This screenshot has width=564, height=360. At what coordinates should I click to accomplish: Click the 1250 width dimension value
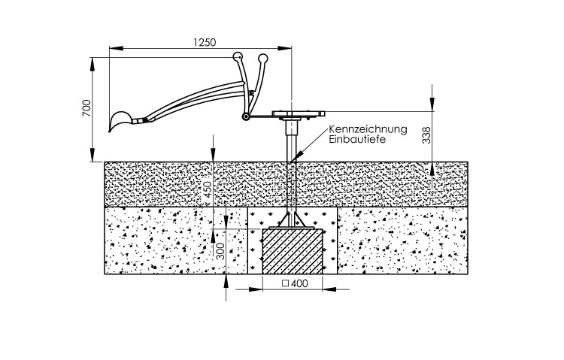click(x=201, y=43)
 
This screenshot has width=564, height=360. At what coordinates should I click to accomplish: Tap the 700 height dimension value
click(x=86, y=109)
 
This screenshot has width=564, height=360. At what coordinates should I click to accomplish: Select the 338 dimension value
click(x=426, y=135)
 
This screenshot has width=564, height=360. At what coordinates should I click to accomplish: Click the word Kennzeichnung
click(x=368, y=129)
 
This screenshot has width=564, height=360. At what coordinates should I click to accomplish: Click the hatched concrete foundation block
click(x=292, y=252)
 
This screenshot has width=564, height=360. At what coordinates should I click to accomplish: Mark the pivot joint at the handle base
click(x=245, y=116)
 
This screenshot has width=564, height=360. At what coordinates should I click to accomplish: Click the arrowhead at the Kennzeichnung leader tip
click(x=296, y=158)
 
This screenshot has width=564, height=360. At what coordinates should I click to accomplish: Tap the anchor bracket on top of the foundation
click(x=292, y=219)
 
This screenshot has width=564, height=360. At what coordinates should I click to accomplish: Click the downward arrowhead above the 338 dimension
click(x=433, y=110)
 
